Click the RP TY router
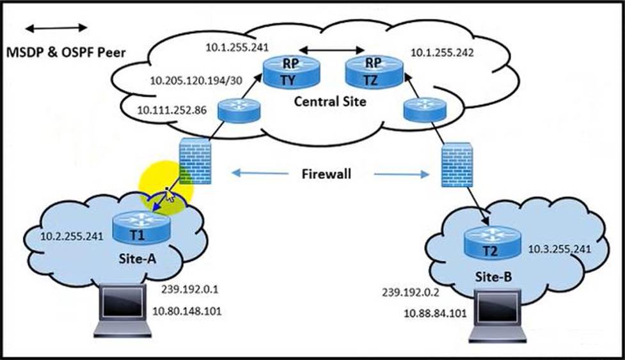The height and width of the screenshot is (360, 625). coord(291,72)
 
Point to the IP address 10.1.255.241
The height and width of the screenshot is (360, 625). coord(236,47)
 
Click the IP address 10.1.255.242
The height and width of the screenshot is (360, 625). coord(442,54)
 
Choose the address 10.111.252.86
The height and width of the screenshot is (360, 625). coord(171,111)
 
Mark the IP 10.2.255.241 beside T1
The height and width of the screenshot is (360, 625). coord(72,236)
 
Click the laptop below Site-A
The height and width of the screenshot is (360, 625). coord(123,311)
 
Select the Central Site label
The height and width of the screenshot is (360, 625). coord(330,101)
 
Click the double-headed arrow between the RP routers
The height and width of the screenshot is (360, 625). coord(331,50)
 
